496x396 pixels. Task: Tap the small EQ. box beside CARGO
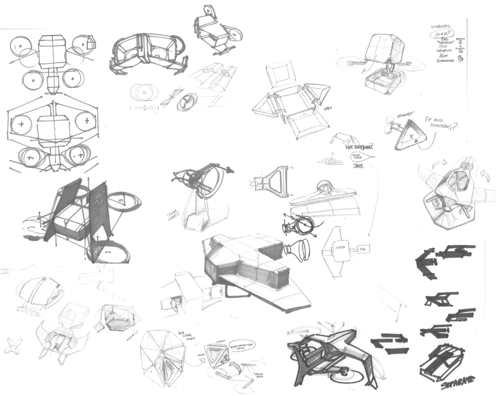[362, 248]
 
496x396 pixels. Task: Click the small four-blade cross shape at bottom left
[13, 346]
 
